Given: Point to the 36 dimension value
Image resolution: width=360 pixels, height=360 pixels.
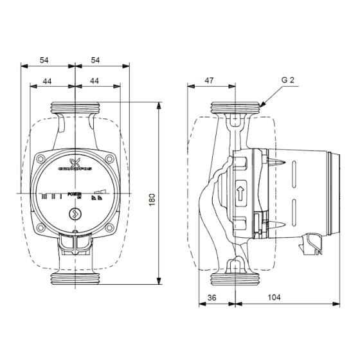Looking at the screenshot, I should pos(212,298).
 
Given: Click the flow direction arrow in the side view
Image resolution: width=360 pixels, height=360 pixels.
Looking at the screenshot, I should pos(240,191).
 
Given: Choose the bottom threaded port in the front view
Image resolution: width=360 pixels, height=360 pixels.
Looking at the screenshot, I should pos(75,280).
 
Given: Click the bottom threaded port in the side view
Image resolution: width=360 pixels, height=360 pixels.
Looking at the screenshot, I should pos(237,280).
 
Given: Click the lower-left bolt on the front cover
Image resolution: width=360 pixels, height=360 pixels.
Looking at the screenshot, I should pos(42,227).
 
